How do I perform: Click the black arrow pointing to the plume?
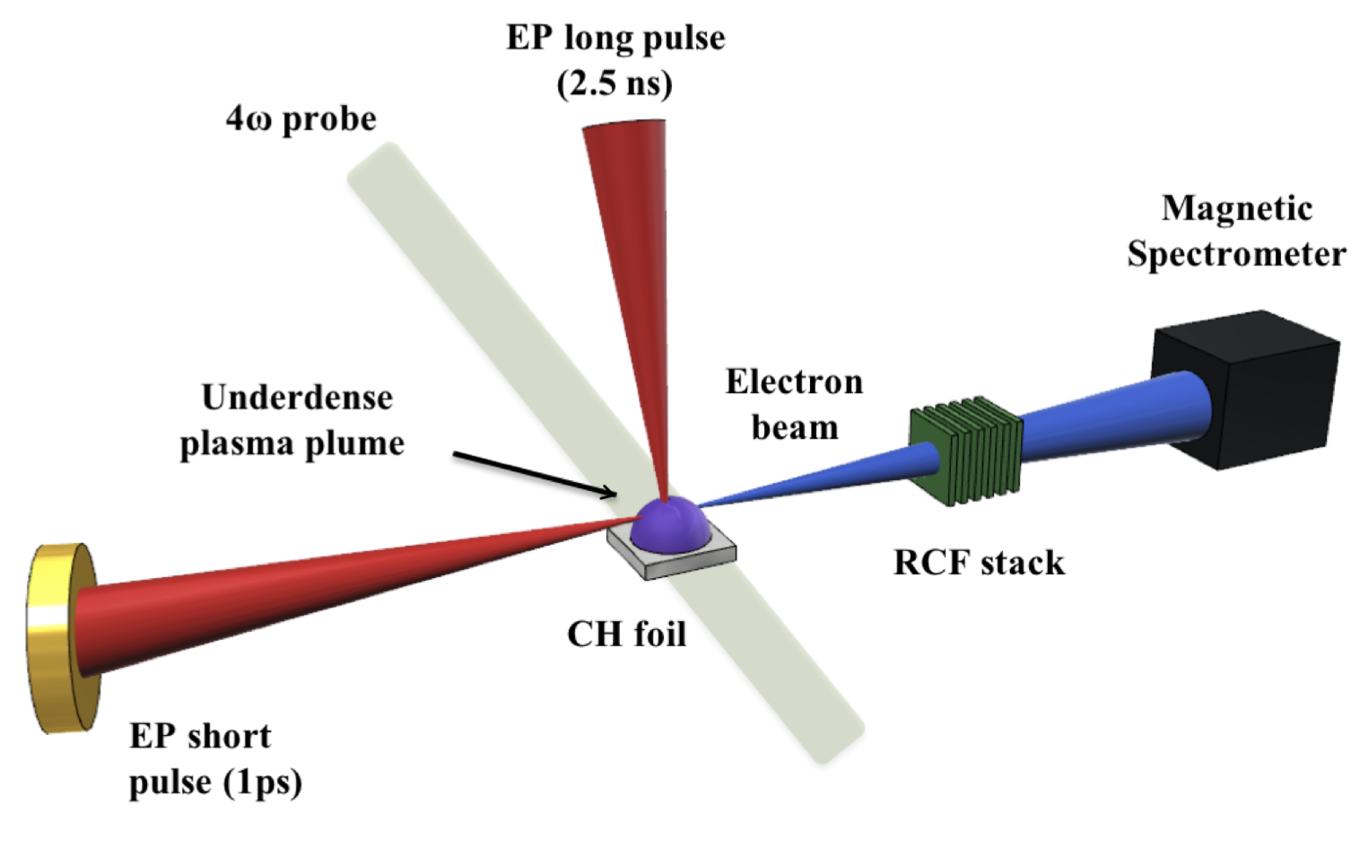(x=534, y=473)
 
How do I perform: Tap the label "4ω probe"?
(x=301, y=119)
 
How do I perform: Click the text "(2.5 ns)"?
(x=615, y=83)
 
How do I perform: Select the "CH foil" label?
(x=626, y=635)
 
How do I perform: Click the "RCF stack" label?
(x=979, y=563)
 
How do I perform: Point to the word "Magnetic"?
(x=1236, y=208)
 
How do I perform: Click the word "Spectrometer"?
(x=1236, y=254)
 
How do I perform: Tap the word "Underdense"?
(x=297, y=398)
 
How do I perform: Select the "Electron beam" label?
(x=794, y=404)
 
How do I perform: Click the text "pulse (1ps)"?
(x=215, y=782)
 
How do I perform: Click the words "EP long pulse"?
(x=615, y=38)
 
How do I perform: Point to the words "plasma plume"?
(x=292, y=443)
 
